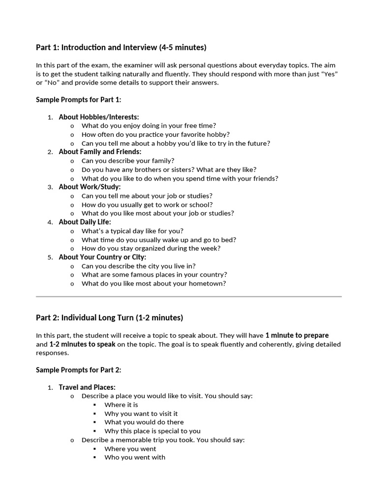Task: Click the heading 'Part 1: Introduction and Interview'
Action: [121, 48]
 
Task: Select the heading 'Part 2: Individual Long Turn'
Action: [109, 317]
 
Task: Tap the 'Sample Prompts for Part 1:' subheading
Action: [78, 100]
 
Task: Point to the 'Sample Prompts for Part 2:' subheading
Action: [78, 370]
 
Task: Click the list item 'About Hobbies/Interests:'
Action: [98, 117]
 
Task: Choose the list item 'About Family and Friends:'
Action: [100, 152]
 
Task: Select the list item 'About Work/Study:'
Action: [90, 187]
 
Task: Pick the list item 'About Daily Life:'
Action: [85, 222]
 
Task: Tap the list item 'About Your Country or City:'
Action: [102, 257]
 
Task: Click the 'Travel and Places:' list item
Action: [87, 387]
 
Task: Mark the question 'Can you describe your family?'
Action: [127, 161]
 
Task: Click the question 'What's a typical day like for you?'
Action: [132, 231]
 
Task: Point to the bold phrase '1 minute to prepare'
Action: [297, 336]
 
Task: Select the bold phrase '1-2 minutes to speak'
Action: [82, 345]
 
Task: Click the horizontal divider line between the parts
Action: [189, 297]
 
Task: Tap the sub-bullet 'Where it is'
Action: [121, 405]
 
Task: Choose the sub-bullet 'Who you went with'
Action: [134, 457]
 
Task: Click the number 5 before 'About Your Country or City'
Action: [50, 257]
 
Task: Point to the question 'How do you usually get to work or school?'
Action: [147, 205]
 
